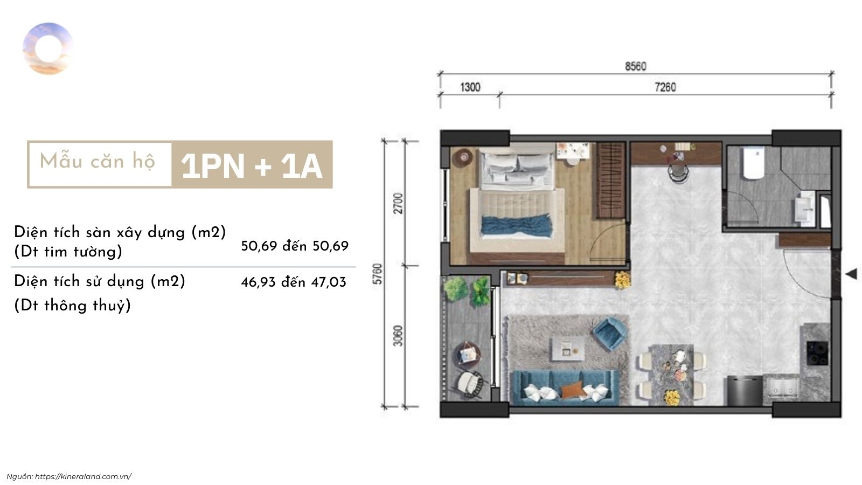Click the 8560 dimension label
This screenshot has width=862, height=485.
tap(635, 67)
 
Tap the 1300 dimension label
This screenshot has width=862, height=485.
tap(470, 87)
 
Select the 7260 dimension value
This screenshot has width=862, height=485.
tap(665, 87)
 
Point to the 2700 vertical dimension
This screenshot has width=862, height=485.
tap(398, 203)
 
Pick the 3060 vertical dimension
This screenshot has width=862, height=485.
tap(398, 336)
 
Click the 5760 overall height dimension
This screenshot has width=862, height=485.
tap(378, 274)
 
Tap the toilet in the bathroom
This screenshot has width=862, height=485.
tap(754, 163)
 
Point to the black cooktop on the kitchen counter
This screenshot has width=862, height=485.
tap(817, 353)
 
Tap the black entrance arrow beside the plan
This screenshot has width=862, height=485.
tap(851, 274)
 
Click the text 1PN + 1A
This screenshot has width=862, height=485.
tap(251, 166)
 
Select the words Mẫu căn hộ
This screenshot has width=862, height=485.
tap(98, 161)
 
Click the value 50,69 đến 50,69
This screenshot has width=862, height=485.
tap(295, 246)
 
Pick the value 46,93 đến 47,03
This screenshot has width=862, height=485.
tap(294, 282)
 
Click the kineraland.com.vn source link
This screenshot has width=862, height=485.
tap(84, 476)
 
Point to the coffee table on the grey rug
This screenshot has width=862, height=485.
tap(568, 350)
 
